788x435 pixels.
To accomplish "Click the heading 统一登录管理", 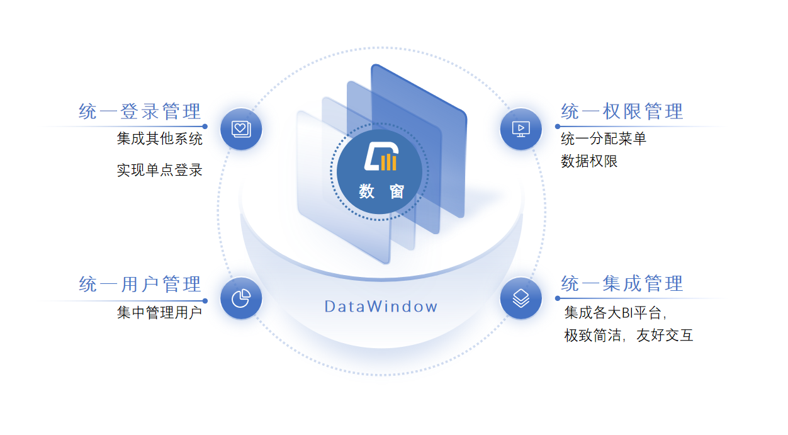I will [140, 112].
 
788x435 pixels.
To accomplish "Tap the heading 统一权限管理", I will [622, 112].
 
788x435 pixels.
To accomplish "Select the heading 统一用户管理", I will [140, 285].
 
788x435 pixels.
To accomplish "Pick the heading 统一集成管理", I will [622, 284].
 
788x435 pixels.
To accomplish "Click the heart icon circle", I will [241, 129].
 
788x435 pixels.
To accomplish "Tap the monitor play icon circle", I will [521, 129].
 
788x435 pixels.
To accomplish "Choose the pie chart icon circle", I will [241, 298].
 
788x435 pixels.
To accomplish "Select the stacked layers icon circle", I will [521, 298].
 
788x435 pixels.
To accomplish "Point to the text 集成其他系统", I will [160, 138].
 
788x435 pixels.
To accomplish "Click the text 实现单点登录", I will [160, 170].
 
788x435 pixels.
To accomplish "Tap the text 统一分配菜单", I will [604, 138].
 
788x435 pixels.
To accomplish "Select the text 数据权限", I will [589, 161].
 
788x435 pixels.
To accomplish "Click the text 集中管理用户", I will [160, 312].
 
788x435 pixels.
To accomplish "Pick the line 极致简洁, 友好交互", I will [629, 336].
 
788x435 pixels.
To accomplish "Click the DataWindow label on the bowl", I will [381, 307].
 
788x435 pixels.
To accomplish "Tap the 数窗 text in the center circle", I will [381, 191].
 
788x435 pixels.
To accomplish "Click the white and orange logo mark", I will [380, 158].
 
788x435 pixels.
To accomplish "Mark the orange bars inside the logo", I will [388, 162].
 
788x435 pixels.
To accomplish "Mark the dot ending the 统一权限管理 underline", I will [558, 127].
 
